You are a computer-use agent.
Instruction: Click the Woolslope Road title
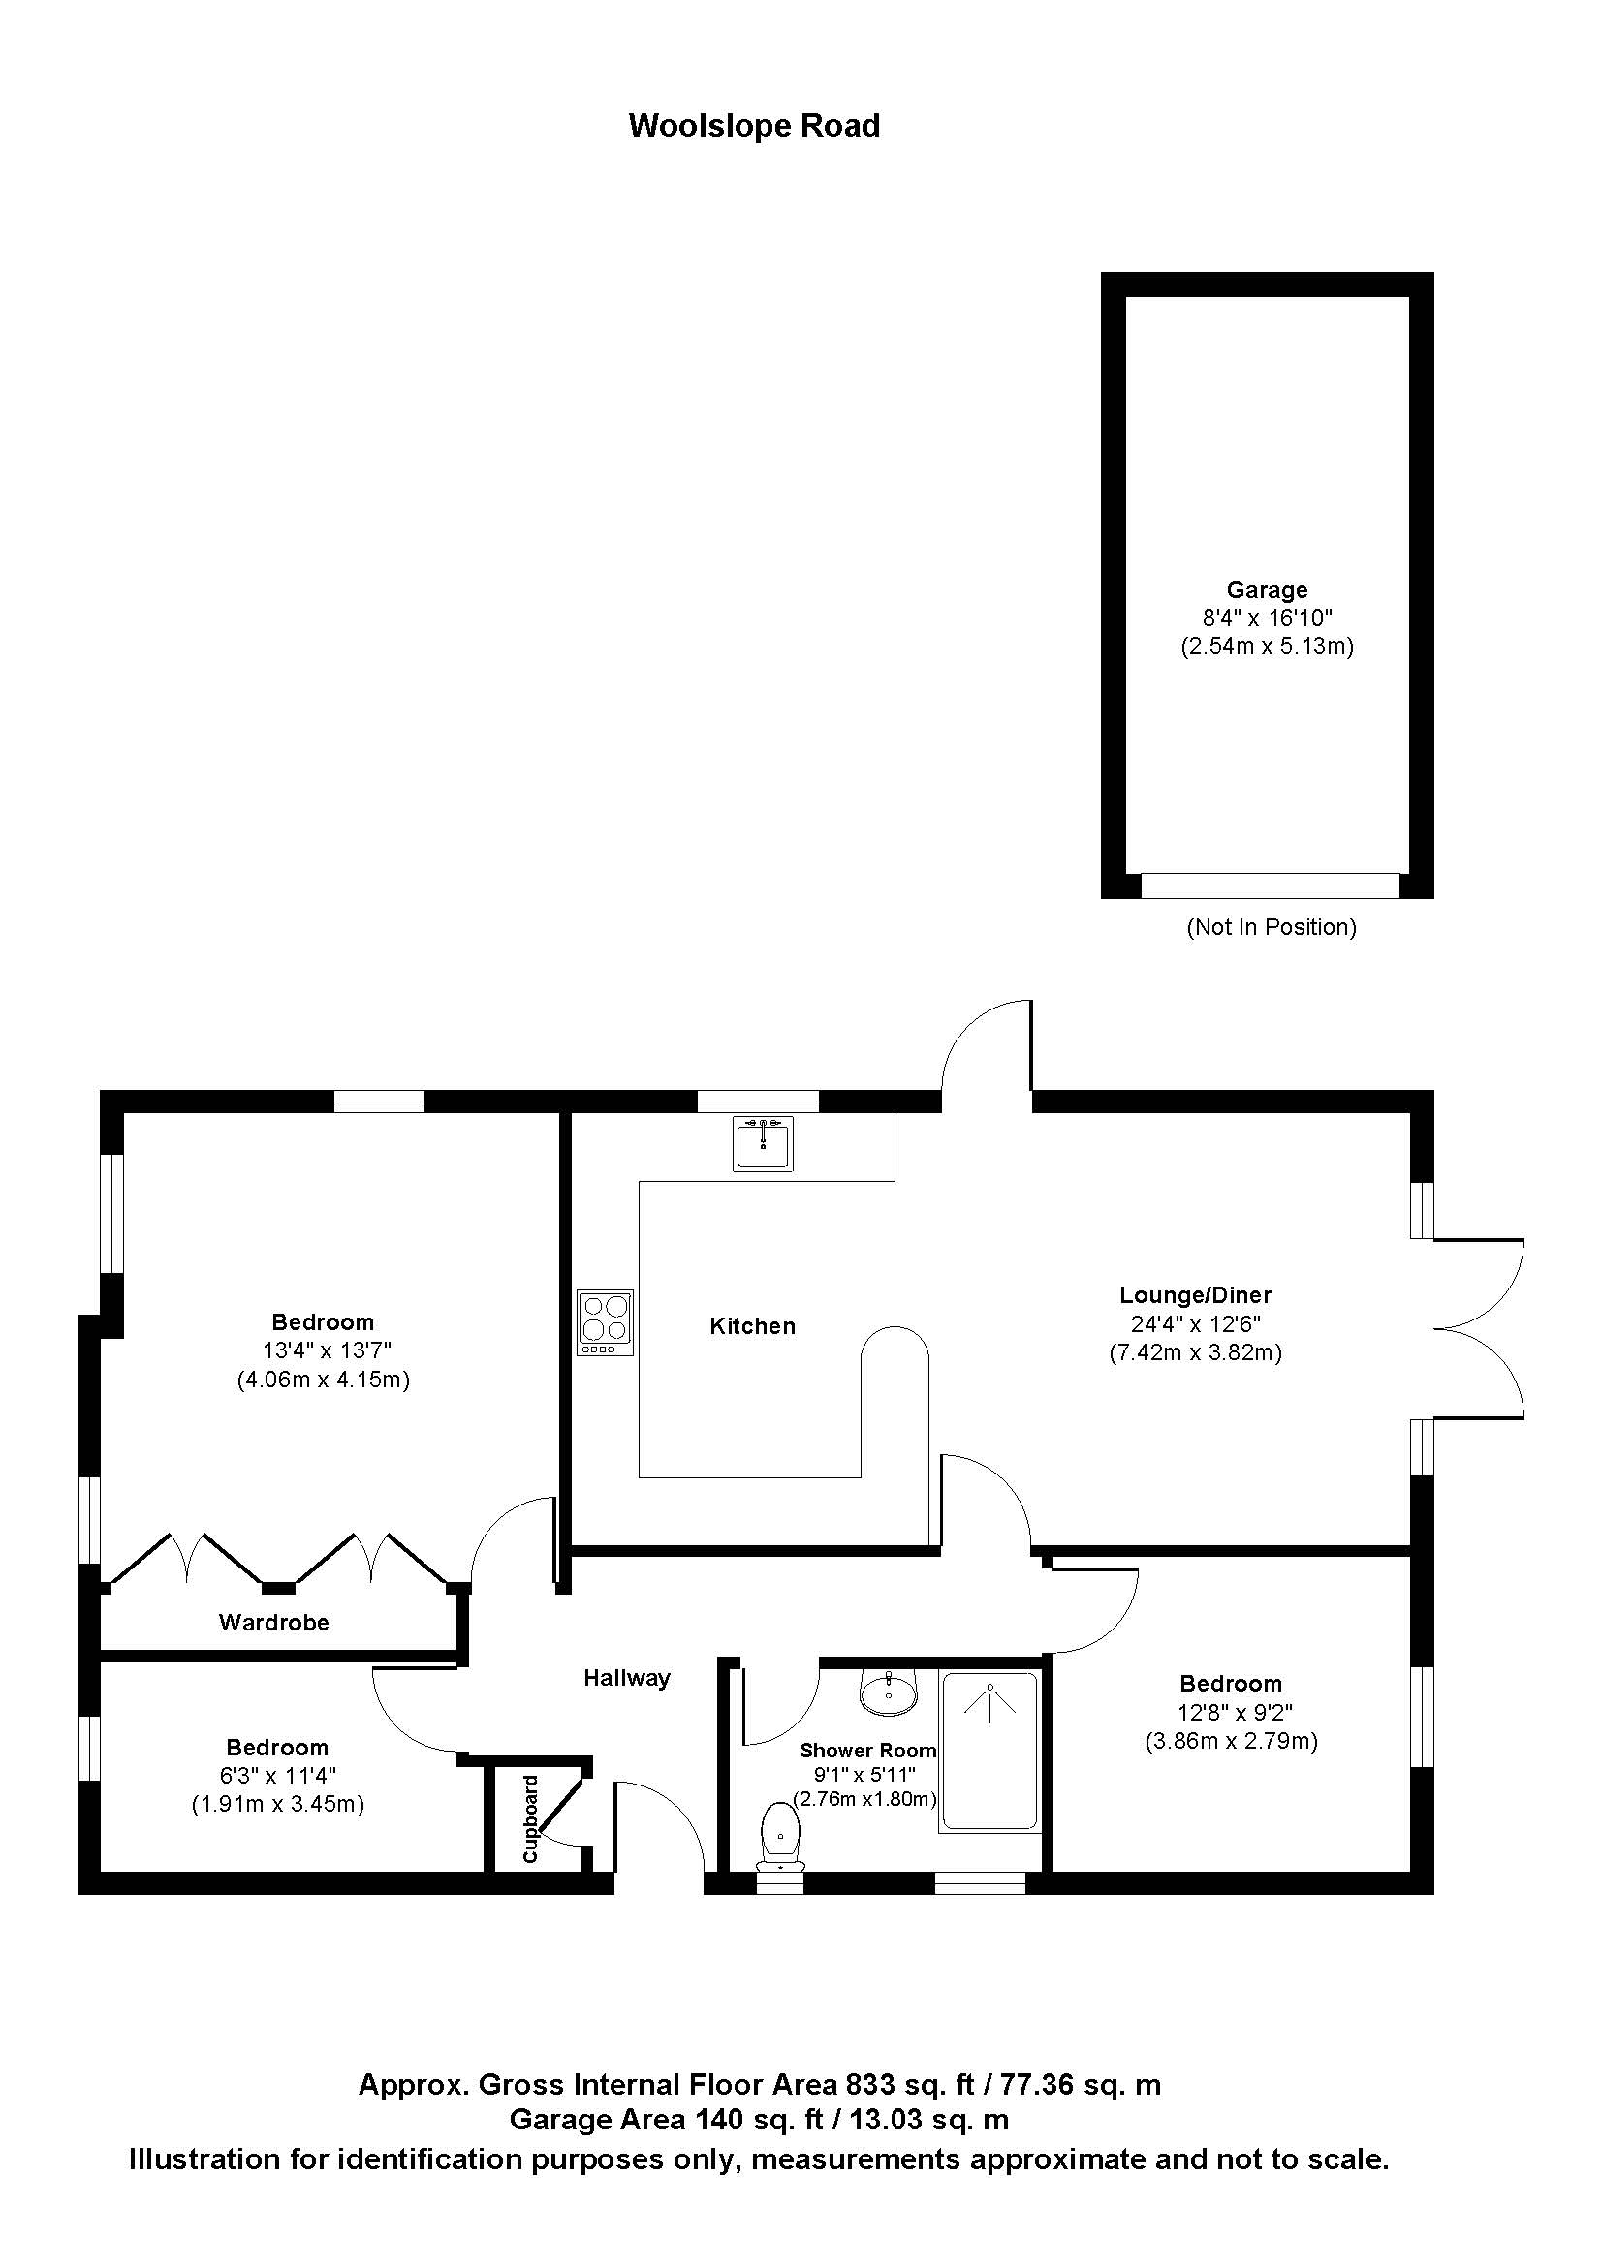754,126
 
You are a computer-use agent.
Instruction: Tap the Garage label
1267,589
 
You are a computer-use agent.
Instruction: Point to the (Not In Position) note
1272,927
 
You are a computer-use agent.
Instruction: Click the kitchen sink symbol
762,1144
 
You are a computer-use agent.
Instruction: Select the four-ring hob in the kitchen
605,1321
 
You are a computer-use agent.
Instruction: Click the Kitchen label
752,1325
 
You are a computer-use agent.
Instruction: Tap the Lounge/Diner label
1194,1295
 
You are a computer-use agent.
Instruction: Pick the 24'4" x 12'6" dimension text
1194,1323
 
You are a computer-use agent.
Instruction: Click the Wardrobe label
273,1622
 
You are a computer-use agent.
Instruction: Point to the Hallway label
627,1677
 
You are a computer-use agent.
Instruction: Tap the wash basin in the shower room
889,1693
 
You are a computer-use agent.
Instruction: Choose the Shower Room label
866,1750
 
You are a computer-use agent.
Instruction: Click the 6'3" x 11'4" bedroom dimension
277,1776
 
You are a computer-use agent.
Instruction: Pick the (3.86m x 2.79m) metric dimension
1231,1741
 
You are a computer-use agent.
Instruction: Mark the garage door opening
1270,885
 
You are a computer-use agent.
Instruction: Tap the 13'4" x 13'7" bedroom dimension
323,1350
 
